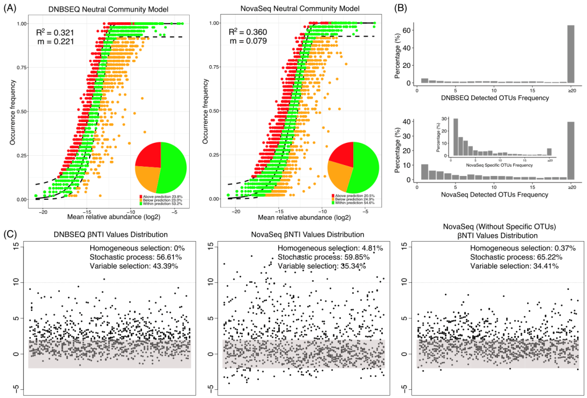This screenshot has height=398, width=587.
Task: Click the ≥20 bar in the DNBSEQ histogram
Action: click(571, 54)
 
